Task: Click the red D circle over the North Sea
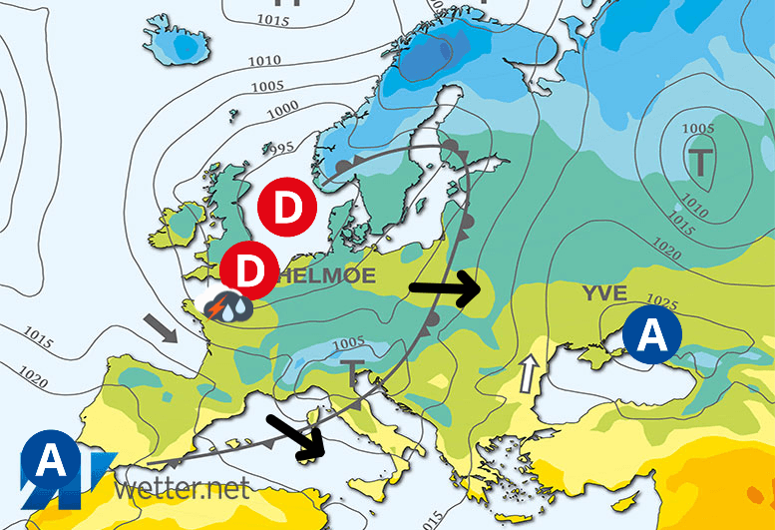(x=287, y=210)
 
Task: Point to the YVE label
(x=604, y=292)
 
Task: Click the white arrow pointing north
(x=526, y=376)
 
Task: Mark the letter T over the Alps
(x=353, y=373)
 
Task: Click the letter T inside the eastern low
(x=701, y=158)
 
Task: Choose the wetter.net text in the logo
(x=181, y=489)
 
